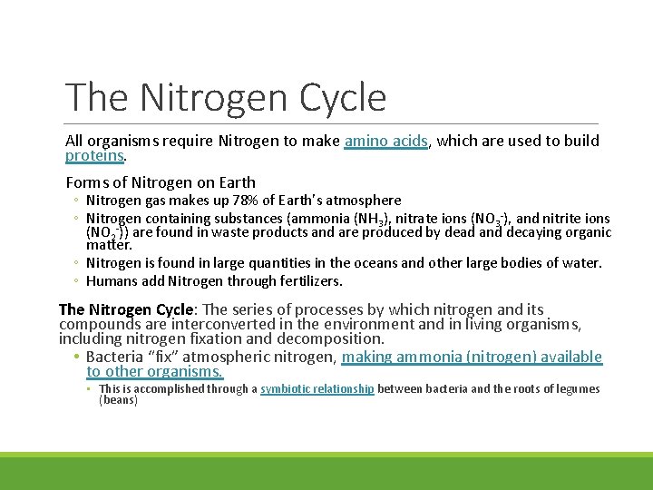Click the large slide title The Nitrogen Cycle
(226, 97)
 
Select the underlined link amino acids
(385, 141)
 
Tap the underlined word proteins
(94, 155)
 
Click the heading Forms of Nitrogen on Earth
(161, 182)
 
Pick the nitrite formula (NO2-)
(106, 231)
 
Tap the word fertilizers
(308, 281)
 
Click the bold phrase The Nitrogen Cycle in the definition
(125, 309)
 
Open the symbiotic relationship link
(317, 388)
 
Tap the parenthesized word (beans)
(118, 399)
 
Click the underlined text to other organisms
(154, 371)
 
